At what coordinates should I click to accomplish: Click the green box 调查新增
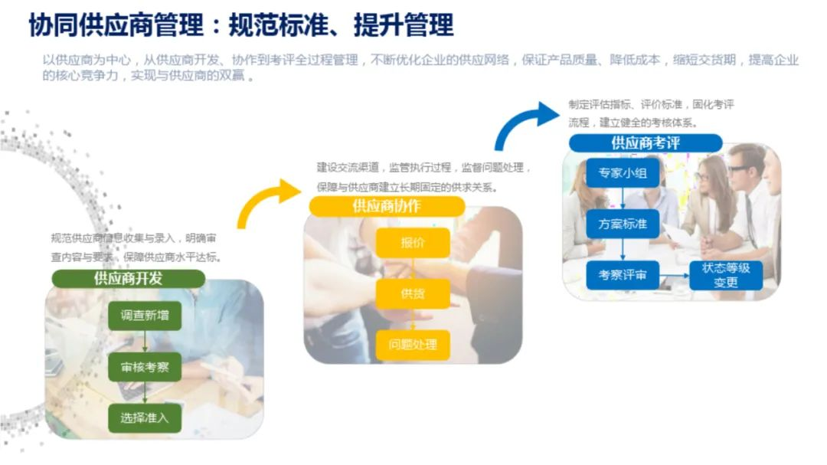(145, 315)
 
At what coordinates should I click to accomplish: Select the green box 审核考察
(145, 367)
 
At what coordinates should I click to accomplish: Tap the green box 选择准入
(145, 418)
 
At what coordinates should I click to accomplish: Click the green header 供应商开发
(128, 278)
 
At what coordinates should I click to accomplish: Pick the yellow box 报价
(413, 243)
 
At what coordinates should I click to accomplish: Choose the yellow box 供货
(413, 293)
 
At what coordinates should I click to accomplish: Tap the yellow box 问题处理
(413, 344)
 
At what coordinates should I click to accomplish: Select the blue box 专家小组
(623, 173)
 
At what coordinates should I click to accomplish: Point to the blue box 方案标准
(623, 224)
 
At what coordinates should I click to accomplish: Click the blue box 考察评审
(623, 274)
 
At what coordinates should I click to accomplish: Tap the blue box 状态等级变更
(725, 275)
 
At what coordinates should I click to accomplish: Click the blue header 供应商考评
(645, 143)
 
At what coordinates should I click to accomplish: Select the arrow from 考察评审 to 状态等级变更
(673, 274)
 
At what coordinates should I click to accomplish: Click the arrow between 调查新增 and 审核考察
(145, 341)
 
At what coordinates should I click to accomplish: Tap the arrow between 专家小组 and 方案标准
(623, 199)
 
